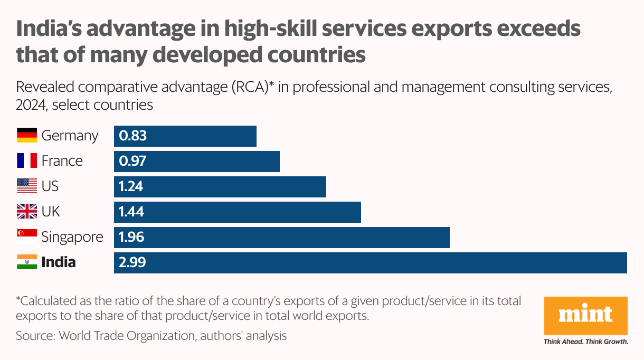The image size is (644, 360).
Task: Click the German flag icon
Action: [x=27, y=136]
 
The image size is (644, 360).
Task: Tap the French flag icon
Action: [x=27, y=161]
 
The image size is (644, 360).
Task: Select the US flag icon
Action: [x=27, y=186]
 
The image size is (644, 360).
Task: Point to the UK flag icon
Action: [x=27, y=212]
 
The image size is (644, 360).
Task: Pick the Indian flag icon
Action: [x=27, y=262]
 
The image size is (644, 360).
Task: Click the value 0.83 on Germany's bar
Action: [x=132, y=136]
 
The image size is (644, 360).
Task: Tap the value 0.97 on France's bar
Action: [x=132, y=161]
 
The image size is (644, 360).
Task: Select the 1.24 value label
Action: [x=131, y=186]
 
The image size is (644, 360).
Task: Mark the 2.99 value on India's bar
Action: [x=132, y=262]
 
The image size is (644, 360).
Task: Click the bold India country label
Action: [x=59, y=262]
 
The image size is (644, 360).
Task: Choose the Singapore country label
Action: [x=72, y=237]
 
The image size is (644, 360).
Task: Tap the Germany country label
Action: [x=70, y=136]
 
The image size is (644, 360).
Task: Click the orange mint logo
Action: [x=586, y=316]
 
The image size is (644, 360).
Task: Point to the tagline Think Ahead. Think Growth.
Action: [x=586, y=342]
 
